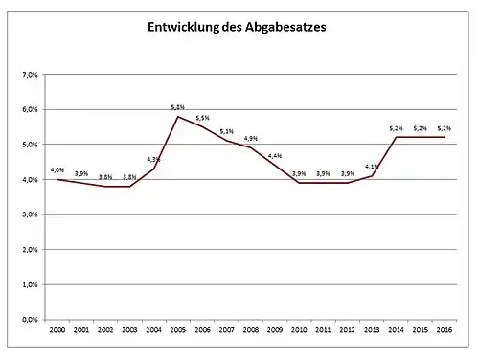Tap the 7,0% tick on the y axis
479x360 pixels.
(x=30, y=75)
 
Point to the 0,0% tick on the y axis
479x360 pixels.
(x=30, y=320)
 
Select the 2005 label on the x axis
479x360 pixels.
(x=177, y=330)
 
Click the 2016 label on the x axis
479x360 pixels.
(x=445, y=330)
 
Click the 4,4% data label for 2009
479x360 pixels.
(x=275, y=156)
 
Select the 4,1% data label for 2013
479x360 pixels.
(x=373, y=167)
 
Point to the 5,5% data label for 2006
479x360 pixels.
(x=202, y=118)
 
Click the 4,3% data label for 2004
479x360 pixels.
(x=153, y=159)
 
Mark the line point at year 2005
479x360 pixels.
(x=177, y=117)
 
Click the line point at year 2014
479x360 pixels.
(x=397, y=137)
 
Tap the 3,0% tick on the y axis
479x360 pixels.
(x=30, y=214)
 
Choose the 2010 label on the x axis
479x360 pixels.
(x=299, y=330)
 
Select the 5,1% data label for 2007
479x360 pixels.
(x=226, y=132)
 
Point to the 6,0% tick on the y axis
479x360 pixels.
(x=30, y=110)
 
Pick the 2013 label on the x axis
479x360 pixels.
(x=373, y=330)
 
